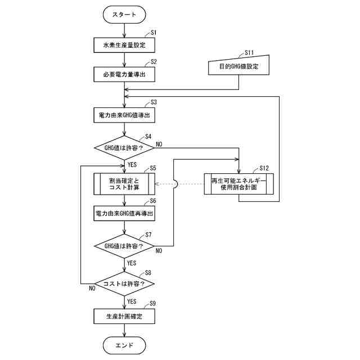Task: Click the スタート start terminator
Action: click(x=124, y=15)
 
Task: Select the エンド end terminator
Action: click(x=124, y=345)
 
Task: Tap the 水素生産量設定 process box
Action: click(x=124, y=45)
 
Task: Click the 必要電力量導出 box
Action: click(x=124, y=74)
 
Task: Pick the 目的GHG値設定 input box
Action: click(x=238, y=66)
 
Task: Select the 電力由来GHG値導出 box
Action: click(x=124, y=115)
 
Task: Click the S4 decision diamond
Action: click(x=124, y=148)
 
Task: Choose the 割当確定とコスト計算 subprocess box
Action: click(x=124, y=184)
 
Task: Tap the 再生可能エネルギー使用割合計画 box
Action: click(x=238, y=184)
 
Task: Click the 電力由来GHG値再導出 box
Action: click(x=124, y=214)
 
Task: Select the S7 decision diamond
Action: click(x=124, y=246)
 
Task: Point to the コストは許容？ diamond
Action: click(x=124, y=283)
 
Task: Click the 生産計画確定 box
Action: click(x=124, y=316)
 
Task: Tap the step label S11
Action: click(x=249, y=53)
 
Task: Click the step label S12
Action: click(x=264, y=168)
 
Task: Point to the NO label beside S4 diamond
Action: click(x=159, y=144)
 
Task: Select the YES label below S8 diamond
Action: click(x=132, y=301)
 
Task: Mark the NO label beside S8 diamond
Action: click(x=92, y=289)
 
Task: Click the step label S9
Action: click(x=152, y=304)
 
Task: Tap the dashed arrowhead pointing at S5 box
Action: click(x=157, y=184)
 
